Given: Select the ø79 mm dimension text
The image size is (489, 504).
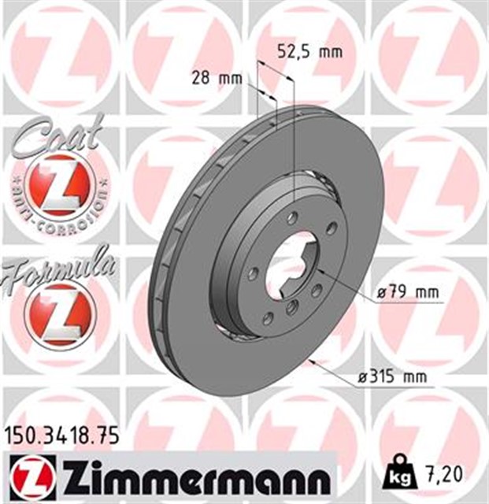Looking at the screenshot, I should [x=407, y=294].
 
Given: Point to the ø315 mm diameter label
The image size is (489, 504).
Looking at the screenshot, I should [x=391, y=377].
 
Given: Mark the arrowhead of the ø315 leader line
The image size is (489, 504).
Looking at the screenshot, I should [x=314, y=361].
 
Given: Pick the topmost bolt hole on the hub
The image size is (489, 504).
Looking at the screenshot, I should [x=292, y=218].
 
